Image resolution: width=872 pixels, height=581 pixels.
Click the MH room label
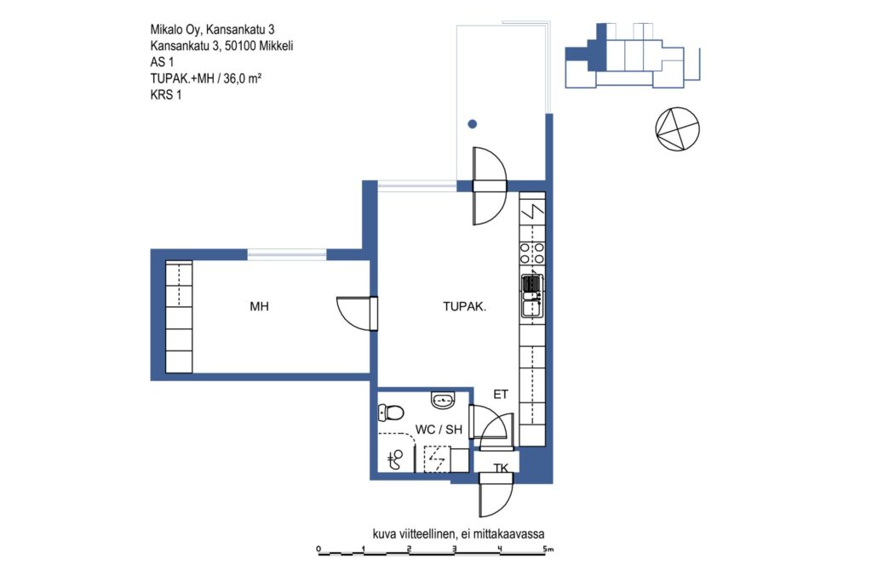coord(259,306)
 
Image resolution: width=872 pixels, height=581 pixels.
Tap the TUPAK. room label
coord(464,306)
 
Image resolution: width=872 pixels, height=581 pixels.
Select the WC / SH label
coord(439,430)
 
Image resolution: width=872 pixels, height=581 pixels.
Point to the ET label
coord(501,395)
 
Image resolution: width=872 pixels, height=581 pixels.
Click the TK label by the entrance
coord(501,468)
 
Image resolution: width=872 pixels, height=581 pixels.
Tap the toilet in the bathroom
coord(391,413)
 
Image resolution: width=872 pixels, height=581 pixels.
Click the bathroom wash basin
coord(443,399)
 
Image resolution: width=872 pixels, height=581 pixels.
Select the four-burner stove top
coord(532,253)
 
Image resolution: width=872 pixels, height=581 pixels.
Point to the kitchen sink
coord(532,295)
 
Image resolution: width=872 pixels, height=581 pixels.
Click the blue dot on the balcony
coord(472,124)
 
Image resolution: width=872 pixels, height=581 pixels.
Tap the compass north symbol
coord(677,128)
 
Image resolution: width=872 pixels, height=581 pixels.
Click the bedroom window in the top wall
coord(287,255)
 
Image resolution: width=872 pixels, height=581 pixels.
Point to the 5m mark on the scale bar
coord(548,550)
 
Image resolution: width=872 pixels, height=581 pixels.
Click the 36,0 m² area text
coord(243,78)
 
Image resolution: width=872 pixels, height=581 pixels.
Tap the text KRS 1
coord(166,95)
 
